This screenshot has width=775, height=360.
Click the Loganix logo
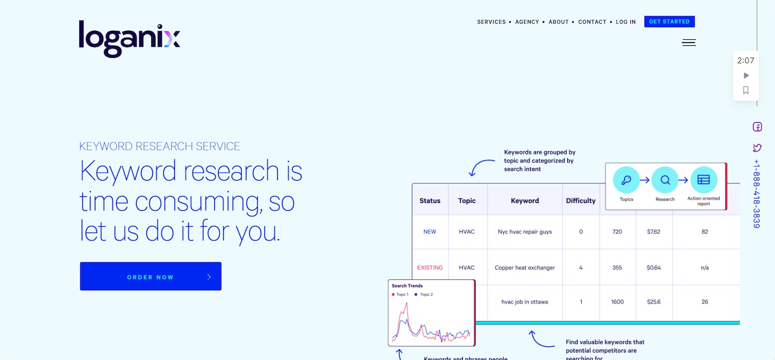click(129, 39)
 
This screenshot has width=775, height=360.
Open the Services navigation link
click(491, 22)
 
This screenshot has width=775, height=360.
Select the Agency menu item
click(527, 22)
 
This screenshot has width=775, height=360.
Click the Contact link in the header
click(592, 22)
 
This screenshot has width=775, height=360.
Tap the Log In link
click(625, 22)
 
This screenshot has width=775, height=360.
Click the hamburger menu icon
click(689, 43)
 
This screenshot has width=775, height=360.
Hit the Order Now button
click(151, 276)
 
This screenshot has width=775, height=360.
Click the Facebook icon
click(757, 127)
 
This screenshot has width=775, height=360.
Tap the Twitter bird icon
click(757, 148)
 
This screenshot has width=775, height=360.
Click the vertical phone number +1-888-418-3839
click(757, 194)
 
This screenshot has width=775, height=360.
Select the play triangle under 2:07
click(746, 75)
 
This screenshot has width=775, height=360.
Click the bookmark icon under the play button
click(746, 90)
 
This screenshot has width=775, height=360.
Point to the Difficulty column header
click(581, 201)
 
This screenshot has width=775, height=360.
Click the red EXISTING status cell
click(429, 267)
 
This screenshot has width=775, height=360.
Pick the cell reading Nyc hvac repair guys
click(525, 232)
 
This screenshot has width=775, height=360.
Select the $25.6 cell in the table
click(653, 301)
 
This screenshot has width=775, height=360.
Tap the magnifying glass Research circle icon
click(665, 180)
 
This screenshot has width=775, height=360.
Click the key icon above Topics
click(626, 180)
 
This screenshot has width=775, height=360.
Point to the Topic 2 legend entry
click(424, 295)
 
